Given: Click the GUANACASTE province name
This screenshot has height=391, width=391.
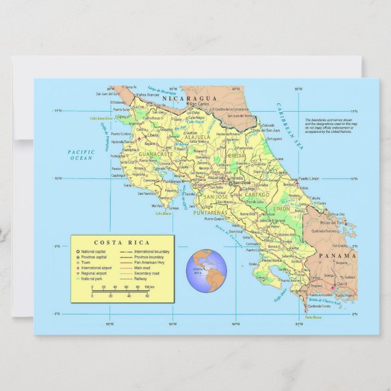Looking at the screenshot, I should pyautogui.click(x=155, y=154).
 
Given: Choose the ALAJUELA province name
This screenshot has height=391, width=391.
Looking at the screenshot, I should pyautogui.click(x=197, y=137).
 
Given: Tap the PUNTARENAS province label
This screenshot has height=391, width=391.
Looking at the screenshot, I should pyautogui.click(x=209, y=213).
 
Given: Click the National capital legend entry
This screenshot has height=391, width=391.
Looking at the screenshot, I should pyautogui.click(x=94, y=251).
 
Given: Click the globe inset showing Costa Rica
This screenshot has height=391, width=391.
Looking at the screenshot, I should pyautogui.click(x=206, y=268).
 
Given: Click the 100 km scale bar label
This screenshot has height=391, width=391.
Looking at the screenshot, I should pyautogui.click(x=149, y=286).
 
